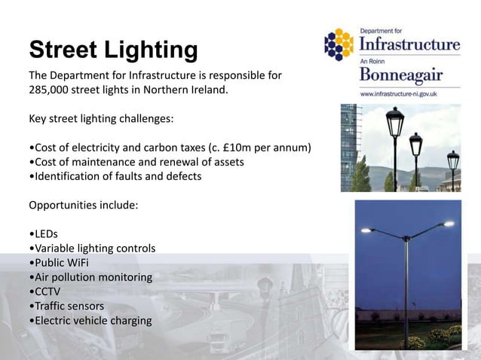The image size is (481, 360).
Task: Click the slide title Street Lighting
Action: (x=113, y=50)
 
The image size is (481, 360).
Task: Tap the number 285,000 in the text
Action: (x=51, y=91)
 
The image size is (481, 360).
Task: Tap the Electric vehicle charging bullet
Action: (x=91, y=321)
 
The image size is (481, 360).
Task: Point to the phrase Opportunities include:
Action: (x=83, y=205)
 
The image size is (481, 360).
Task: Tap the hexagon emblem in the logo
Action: (x=339, y=44)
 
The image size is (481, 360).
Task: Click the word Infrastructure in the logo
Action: (x=409, y=44)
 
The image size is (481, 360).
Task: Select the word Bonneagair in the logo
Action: (x=400, y=76)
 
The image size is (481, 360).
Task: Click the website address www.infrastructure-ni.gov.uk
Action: (x=399, y=95)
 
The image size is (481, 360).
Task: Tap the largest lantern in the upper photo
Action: (x=394, y=122)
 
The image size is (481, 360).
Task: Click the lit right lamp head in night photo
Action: (x=449, y=224)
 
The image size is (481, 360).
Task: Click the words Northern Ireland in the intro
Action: (x=185, y=91)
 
